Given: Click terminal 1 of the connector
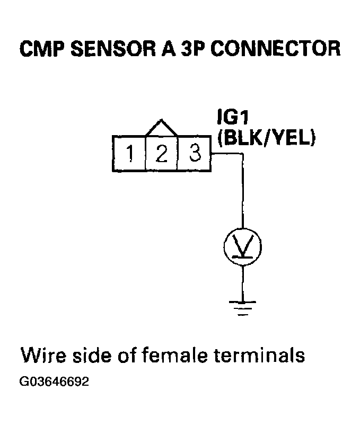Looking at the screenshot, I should point(129,154).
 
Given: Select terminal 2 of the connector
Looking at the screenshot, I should point(162,154).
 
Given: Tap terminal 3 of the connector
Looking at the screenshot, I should point(195,154).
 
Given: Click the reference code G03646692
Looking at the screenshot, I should point(54,381).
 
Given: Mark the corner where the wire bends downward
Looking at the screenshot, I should point(243,154).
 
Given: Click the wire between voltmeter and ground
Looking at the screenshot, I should point(243,281).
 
